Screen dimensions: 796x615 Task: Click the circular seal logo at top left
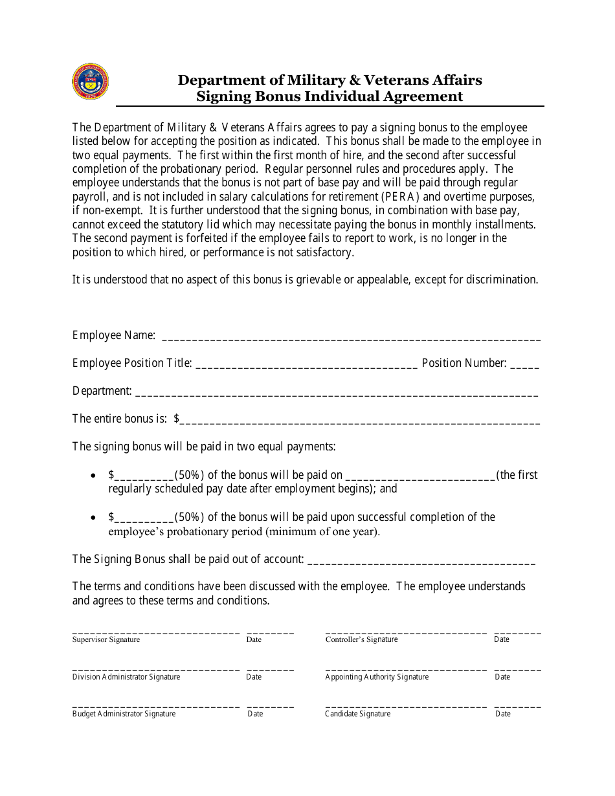(91, 82)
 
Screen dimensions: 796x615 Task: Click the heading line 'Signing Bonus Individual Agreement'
(330, 96)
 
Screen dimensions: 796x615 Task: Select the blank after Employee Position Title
(306, 364)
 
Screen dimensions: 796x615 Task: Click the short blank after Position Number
(524, 364)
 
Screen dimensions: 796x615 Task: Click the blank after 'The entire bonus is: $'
(359, 420)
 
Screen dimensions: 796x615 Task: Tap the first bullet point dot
(95, 476)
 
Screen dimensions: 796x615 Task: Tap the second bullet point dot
(95, 518)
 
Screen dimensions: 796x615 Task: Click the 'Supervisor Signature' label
(106, 639)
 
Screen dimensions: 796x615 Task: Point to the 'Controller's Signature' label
(361, 639)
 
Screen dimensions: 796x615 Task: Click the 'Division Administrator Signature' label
(126, 677)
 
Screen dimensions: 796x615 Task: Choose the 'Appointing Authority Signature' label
(377, 677)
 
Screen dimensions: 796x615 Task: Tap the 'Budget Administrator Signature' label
(124, 714)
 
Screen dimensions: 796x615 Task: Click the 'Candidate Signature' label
(357, 714)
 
